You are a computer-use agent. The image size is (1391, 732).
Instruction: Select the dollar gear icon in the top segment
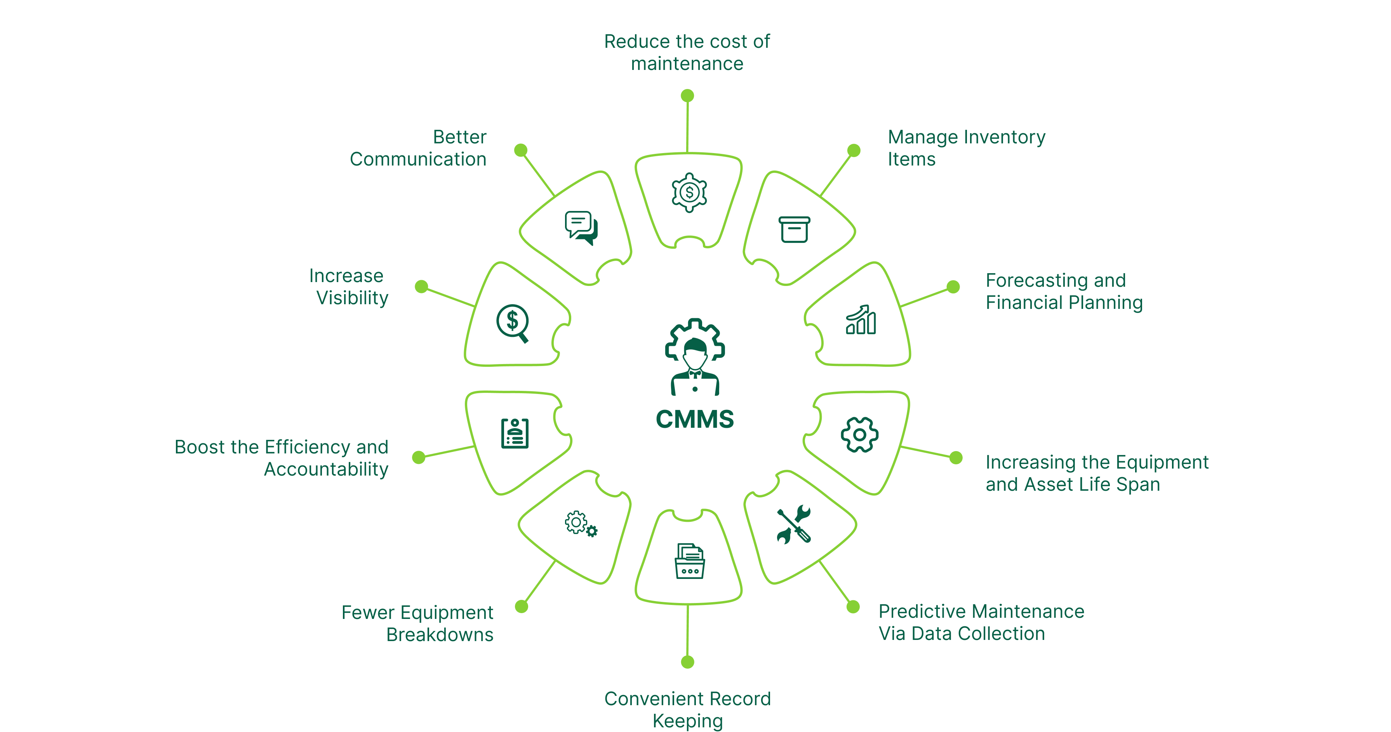click(x=689, y=192)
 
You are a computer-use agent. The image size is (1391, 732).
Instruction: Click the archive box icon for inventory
click(x=794, y=230)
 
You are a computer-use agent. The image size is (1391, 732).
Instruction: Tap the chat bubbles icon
click(x=581, y=227)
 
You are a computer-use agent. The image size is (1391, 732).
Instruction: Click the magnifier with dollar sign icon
click(x=513, y=323)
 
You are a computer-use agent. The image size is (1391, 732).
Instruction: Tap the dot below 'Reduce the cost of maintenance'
click(x=687, y=96)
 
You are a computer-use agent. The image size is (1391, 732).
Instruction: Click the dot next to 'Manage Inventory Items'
click(x=854, y=150)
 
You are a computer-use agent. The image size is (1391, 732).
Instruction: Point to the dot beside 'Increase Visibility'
click(x=421, y=286)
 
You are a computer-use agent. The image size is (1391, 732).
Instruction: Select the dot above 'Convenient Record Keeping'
click(x=687, y=662)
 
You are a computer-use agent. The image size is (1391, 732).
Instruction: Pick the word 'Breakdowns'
click(x=440, y=635)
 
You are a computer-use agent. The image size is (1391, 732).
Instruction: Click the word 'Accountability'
click(x=326, y=469)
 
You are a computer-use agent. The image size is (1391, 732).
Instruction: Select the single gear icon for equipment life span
click(x=859, y=434)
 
